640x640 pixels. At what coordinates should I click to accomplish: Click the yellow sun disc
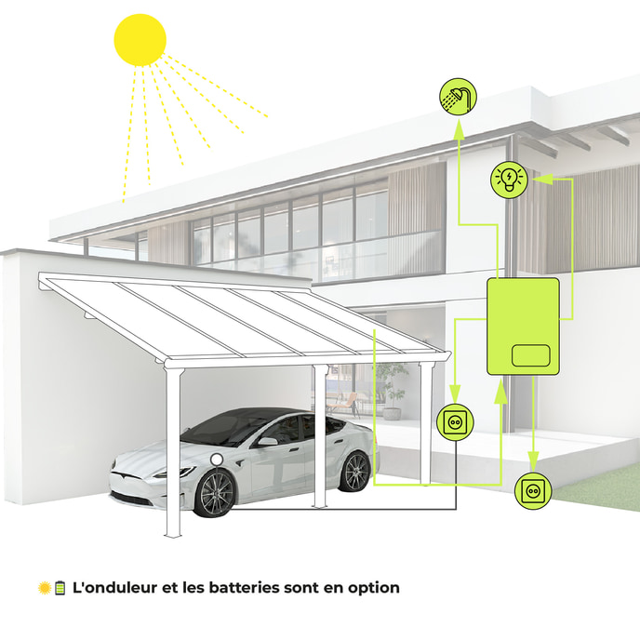[x=140, y=40]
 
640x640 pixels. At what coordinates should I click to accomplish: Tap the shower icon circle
[x=458, y=97]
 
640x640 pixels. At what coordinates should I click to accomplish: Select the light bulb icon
[x=509, y=180]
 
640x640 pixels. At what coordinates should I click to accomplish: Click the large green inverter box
[x=523, y=327]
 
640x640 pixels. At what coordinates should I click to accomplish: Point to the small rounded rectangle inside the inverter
[x=530, y=355]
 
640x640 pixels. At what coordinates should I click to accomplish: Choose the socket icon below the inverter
[x=533, y=490]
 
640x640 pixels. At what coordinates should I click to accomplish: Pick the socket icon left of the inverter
[x=455, y=421]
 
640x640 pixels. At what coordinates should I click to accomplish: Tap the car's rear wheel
[x=354, y=472]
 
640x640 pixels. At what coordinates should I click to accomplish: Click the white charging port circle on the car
[x=217, y=460]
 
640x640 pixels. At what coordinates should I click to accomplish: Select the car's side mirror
[x=267, y=442]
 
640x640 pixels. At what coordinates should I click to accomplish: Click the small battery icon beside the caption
[x=60, y=588]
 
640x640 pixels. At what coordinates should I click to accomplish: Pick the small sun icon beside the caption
[x=45, y=588]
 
